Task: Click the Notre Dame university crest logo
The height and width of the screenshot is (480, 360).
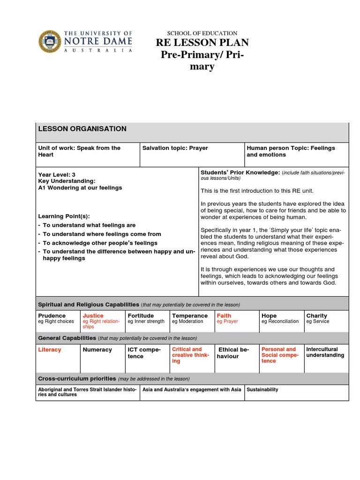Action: pos(49,42)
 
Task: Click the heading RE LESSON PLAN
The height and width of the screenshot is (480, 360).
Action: pos(202,43)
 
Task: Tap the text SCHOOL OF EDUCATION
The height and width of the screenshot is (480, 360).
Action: pos(202,33)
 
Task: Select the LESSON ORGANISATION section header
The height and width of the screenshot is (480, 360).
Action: pos(82,129)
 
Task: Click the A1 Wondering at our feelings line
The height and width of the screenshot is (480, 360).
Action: pos(80,187)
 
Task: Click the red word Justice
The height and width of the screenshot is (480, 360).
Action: pos(93,316)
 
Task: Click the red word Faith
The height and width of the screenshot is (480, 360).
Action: pos(224,316)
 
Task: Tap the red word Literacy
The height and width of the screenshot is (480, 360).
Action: pos(49,350)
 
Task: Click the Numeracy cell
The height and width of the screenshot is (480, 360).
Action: pos(97,350)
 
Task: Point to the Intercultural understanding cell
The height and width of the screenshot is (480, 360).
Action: pos(325,352)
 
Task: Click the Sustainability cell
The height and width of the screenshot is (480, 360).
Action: pos(262,390)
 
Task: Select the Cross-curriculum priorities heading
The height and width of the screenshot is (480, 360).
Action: pos(76,379)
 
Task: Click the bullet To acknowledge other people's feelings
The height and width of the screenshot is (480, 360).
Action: pos(100,243)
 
